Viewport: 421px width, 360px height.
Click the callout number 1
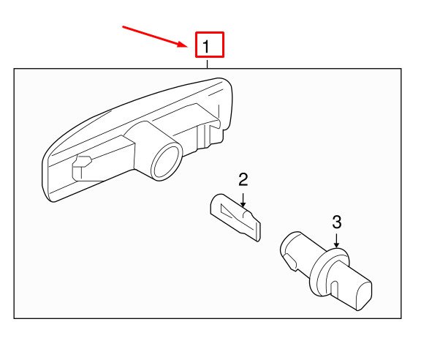[x=208, y=46]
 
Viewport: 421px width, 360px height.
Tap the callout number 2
[x=243, y=179]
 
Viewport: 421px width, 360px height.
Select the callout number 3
[x=336, y=221]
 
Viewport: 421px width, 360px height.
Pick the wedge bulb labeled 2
[x=234, y=215]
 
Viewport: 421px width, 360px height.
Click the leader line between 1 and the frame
[x=208, y=63]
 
